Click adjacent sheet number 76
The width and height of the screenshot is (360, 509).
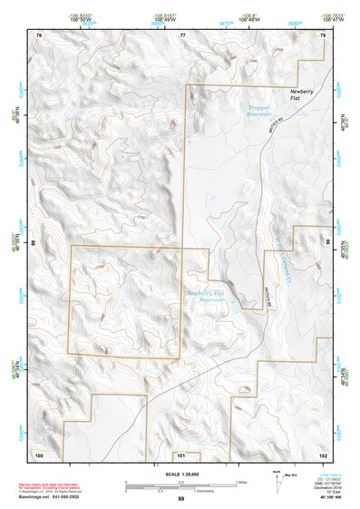click(x=38, y=34)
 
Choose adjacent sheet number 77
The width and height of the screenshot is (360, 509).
click(x=181, y=34)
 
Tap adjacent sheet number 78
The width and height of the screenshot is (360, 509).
click(x=322, y=34)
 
